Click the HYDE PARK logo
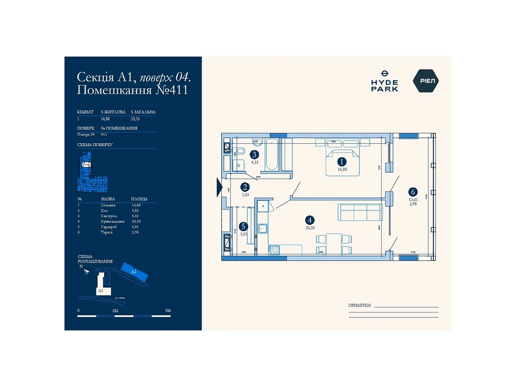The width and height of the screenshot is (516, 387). [x=384, y=81]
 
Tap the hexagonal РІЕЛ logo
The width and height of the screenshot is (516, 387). [x=426, y=81]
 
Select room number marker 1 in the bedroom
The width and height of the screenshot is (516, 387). [x=342, y=162]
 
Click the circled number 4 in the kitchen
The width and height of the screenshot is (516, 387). [x=310, y=220]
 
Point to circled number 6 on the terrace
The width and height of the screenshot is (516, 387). [x=413, y=192]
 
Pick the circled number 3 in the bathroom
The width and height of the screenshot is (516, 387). [x=254, y=155]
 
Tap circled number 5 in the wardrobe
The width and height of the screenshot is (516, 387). [x=243, y=227]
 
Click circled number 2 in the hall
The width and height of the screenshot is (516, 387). [x=245, y=187]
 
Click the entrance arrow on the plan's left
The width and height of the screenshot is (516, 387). [x=219, y=187]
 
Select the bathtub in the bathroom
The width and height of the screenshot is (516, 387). [x=272, y=155]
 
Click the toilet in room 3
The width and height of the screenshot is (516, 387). [x=239, y=151]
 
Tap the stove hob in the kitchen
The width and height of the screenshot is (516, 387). [x=274, y=250]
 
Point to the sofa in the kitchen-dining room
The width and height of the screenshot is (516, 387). [x=360, y=212]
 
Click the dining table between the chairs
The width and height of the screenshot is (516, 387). [x=334, y=243]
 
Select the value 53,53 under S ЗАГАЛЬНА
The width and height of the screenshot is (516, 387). [x=135, y=119]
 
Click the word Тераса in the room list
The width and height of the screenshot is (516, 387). [x=107, y=232]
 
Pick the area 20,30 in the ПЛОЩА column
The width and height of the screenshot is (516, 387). [x=136, y=222]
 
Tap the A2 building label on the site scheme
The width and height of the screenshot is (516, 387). [x=134, y=272]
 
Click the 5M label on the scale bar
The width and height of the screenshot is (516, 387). [x=168, y=311]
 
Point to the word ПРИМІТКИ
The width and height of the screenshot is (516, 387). [x=360, y=305]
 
